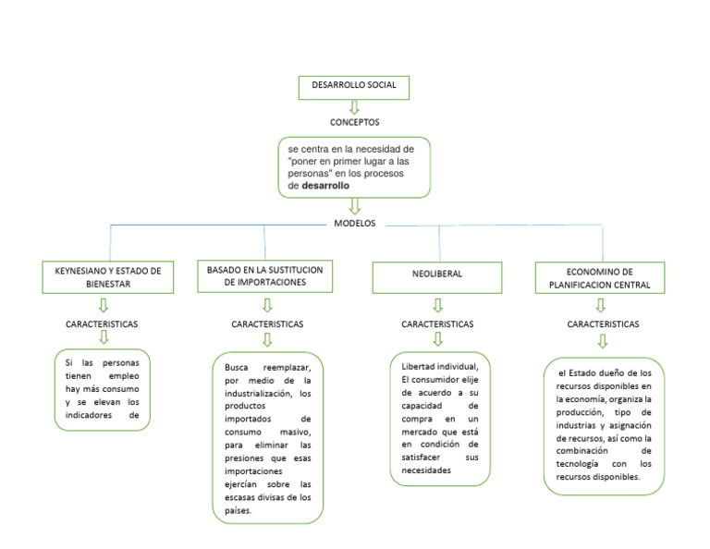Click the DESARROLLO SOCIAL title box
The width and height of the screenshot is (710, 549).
(x=354, y=86)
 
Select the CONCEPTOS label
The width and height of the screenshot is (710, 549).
(x=354, y=122)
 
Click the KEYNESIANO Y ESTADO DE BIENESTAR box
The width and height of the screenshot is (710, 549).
(x=108, y=277)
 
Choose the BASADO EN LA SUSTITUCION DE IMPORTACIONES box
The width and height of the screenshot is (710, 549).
(x=264, y=276)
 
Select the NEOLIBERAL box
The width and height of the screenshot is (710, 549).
(x=437, y=274)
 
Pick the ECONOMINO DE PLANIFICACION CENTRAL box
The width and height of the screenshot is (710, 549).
(x=600, y=278)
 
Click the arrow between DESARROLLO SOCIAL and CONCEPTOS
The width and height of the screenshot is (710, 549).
(x=354, y=106)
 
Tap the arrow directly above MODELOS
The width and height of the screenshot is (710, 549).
(x=354, y=207)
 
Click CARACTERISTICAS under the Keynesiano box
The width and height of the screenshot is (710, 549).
(x=103, y=325)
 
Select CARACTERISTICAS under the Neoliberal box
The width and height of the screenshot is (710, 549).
(x=437, y=324)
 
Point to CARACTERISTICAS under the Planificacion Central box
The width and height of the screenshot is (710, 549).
(x=603, y=324)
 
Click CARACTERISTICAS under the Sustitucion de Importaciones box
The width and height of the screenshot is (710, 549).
(x=267, y=324)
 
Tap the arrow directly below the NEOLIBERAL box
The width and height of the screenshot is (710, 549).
(x=437, y=305)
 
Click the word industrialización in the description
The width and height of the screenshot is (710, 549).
(x=264, y=393)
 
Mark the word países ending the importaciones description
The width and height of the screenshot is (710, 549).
(x=238, y=510)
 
